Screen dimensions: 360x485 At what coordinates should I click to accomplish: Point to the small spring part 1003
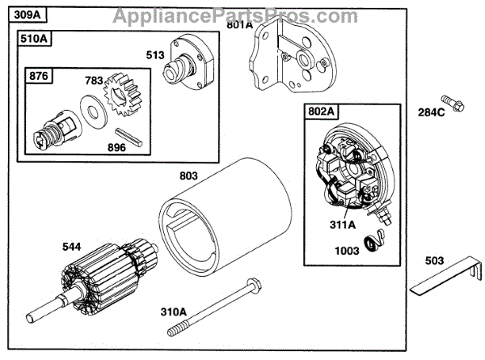click(377, 240)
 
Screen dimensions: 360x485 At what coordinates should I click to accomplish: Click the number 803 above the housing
click(188, 174)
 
